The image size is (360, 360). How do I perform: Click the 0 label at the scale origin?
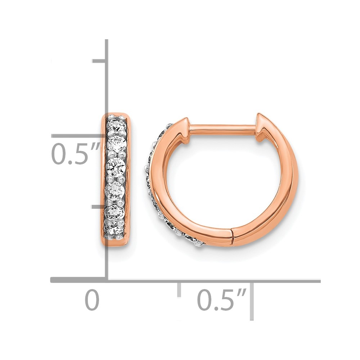point(92,300)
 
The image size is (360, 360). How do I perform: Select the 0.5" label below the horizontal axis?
point(222,300)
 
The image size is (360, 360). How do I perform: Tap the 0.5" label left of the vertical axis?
point(75,153)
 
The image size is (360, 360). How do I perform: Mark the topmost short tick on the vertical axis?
point(99,61)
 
